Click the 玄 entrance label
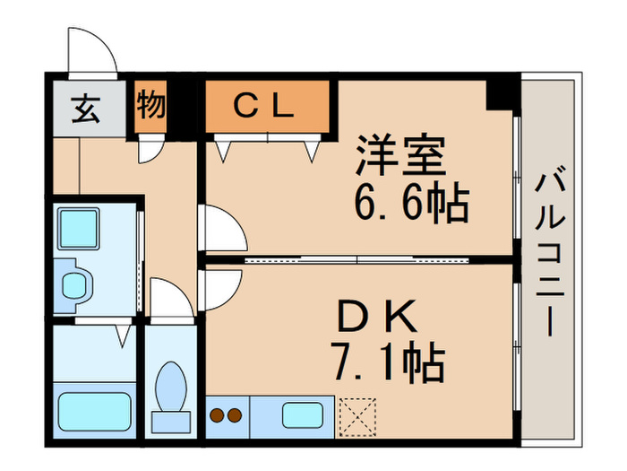86,108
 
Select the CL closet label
265,107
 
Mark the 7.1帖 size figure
385,362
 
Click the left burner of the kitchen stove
218,415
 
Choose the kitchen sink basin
305,415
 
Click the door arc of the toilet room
170,298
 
